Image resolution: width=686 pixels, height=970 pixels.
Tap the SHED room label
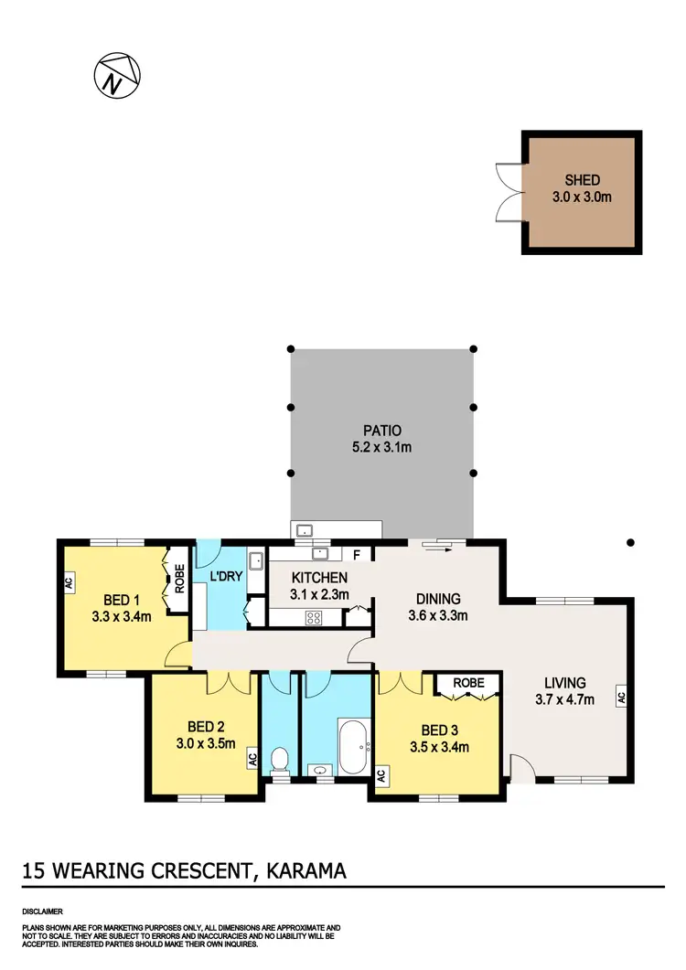click(x=583, y=181)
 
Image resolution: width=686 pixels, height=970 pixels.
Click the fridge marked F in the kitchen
click(x=358, y=554)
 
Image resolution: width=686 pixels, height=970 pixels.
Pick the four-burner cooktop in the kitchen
click(x=315, y=617)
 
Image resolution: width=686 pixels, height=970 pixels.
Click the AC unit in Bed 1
click(x=69, y=582)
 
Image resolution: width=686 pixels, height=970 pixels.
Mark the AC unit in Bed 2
click(x=252, y=757)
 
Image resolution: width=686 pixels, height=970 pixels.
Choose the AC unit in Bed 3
click(x=381, y=774)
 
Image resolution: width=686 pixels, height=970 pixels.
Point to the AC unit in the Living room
click(x=620, y=697)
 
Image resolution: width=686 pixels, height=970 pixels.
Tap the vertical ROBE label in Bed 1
click(x=179, y=581)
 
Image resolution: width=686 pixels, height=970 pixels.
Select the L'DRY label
click(x=225, y=577)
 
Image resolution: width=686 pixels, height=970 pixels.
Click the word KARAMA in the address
click(x=305, y=871)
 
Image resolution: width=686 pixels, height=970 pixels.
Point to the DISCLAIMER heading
click(x=42, y=912)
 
